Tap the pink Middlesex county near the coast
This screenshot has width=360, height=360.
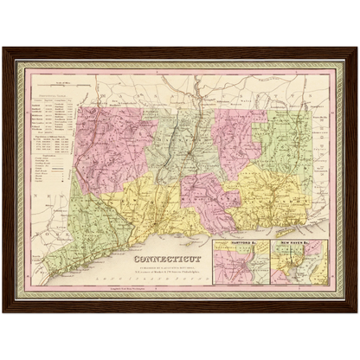click(208, 195)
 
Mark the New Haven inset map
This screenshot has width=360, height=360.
click(299, 264)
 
